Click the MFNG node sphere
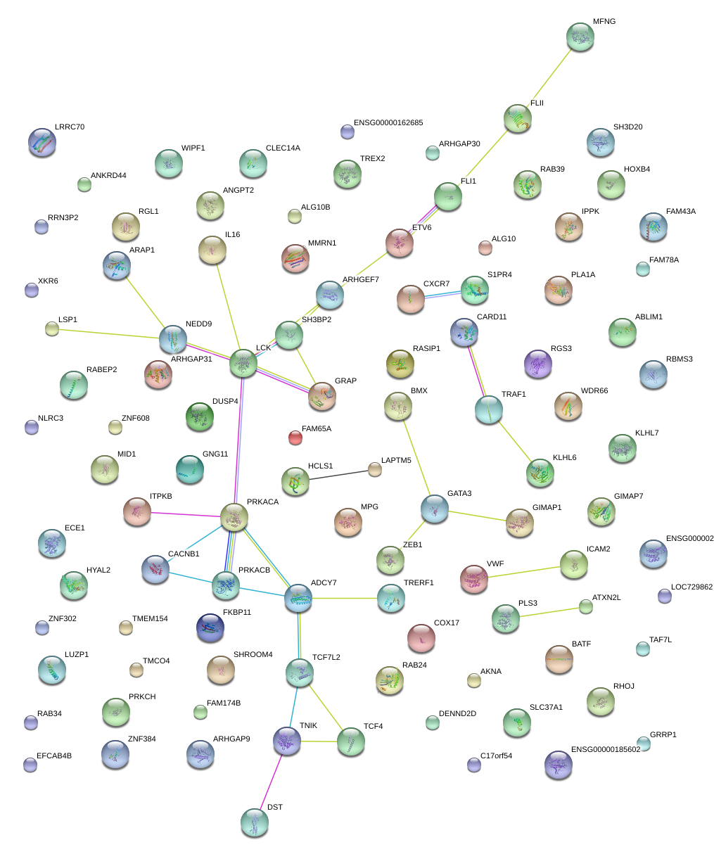click(580, 37)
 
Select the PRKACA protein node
click(234, 517)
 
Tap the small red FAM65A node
click(295, 438)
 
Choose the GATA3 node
click(434, 509)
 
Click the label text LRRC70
click(70, 127)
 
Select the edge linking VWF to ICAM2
click(523, 571)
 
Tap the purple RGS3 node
click(537, 364)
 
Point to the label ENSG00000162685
click(388, 123)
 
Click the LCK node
click(243, 363)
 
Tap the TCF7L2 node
click(300, 673)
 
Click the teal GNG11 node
click(189, 470)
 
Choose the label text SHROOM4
click(253, 655)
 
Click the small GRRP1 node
click(643, 743)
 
